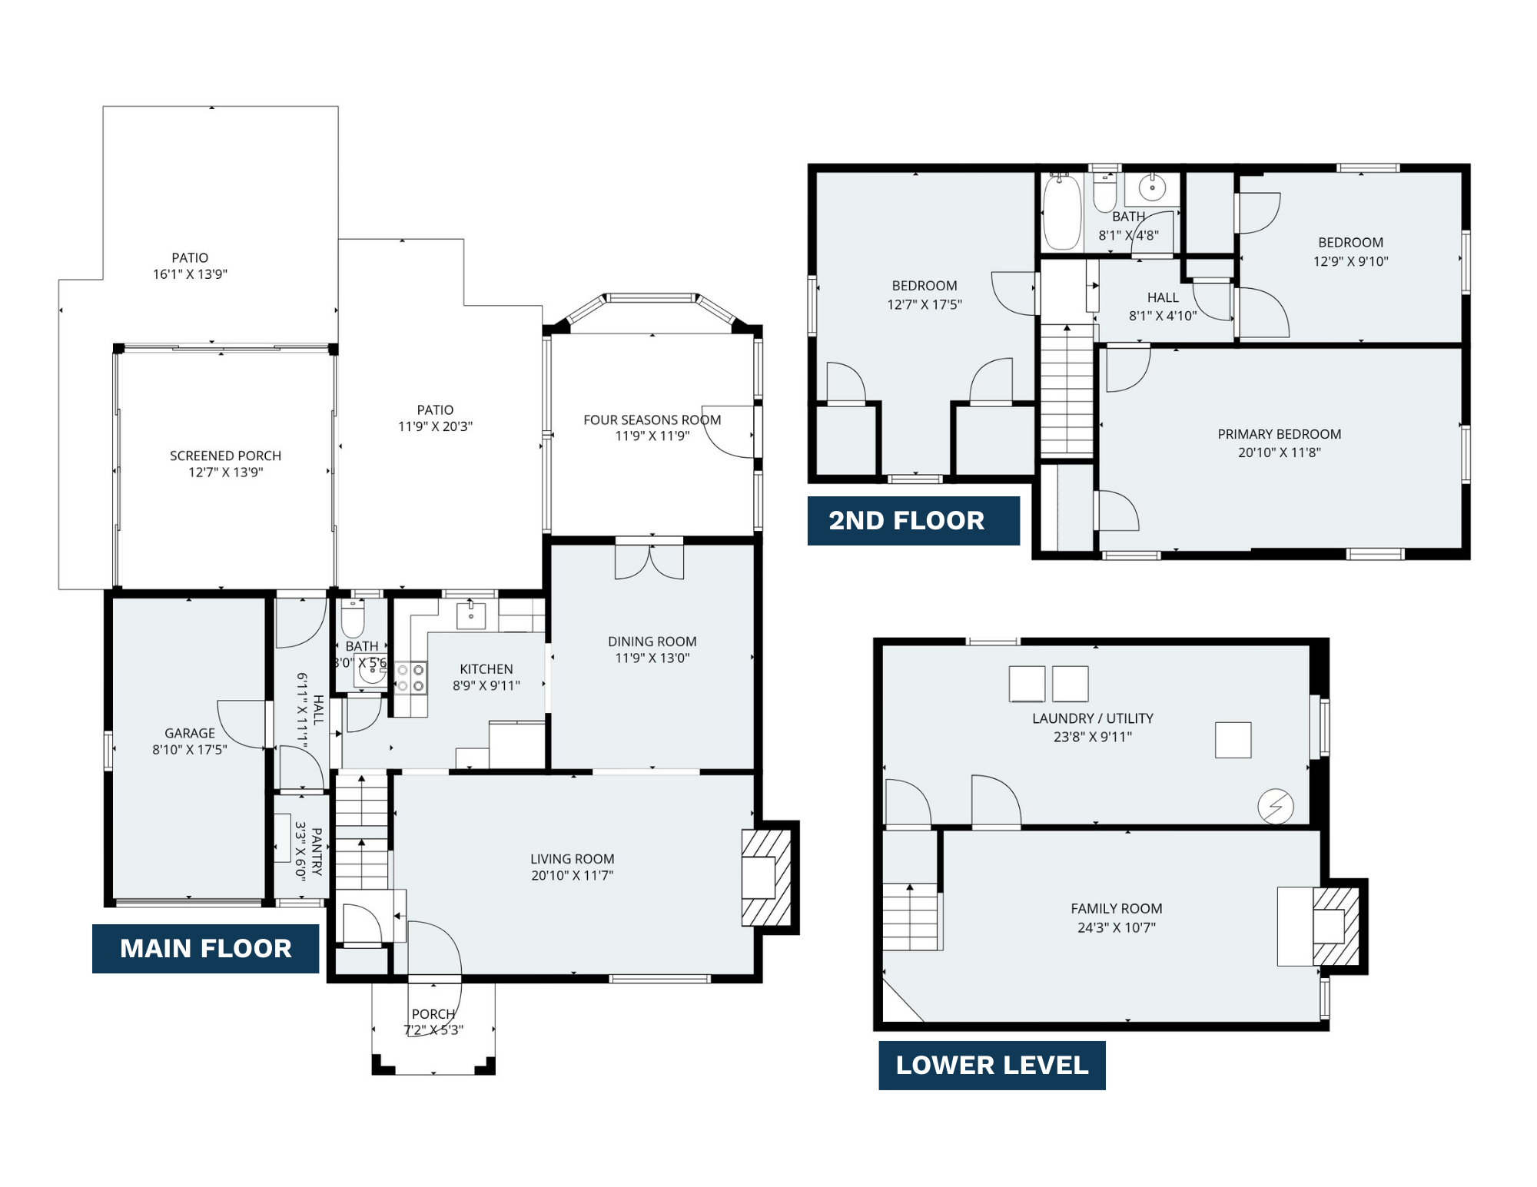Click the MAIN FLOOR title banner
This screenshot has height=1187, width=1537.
coord(205,948)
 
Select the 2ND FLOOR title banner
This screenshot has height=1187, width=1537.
coord(914,520)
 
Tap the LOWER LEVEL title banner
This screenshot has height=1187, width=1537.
coord(992,1065)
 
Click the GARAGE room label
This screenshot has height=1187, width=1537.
coord(190,733)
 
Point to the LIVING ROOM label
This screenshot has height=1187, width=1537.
coord(573,859)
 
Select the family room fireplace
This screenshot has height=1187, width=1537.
coord(1336,927)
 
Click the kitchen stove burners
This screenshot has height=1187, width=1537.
coord(410,678)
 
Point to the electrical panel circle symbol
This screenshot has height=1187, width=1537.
coord(1276,807)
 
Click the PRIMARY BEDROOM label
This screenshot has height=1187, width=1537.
coord(1280,434)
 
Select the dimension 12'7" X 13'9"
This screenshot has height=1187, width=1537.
coord(226,472)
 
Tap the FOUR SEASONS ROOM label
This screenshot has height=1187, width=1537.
coord(652,420)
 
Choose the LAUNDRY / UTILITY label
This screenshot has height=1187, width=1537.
coord(1093,718)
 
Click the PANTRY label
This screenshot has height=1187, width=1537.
coord(317,851)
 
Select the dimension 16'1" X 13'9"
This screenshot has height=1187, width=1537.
coord(190,274)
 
